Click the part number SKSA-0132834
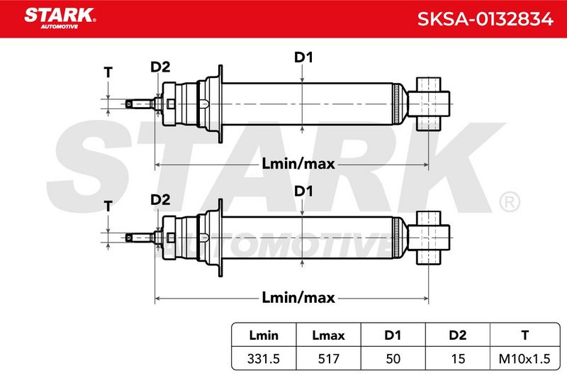[x=485, y=19]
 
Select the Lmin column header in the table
[x=264, y=335]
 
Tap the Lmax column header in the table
[x=328, y=335]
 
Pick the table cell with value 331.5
[x=264, y=359]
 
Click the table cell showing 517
[x=328, y=359]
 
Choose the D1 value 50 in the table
[x=393, y=359]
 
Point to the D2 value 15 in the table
[x=458, y=359]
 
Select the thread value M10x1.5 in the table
[x=524, y=359]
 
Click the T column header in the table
[x=524, y=335]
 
